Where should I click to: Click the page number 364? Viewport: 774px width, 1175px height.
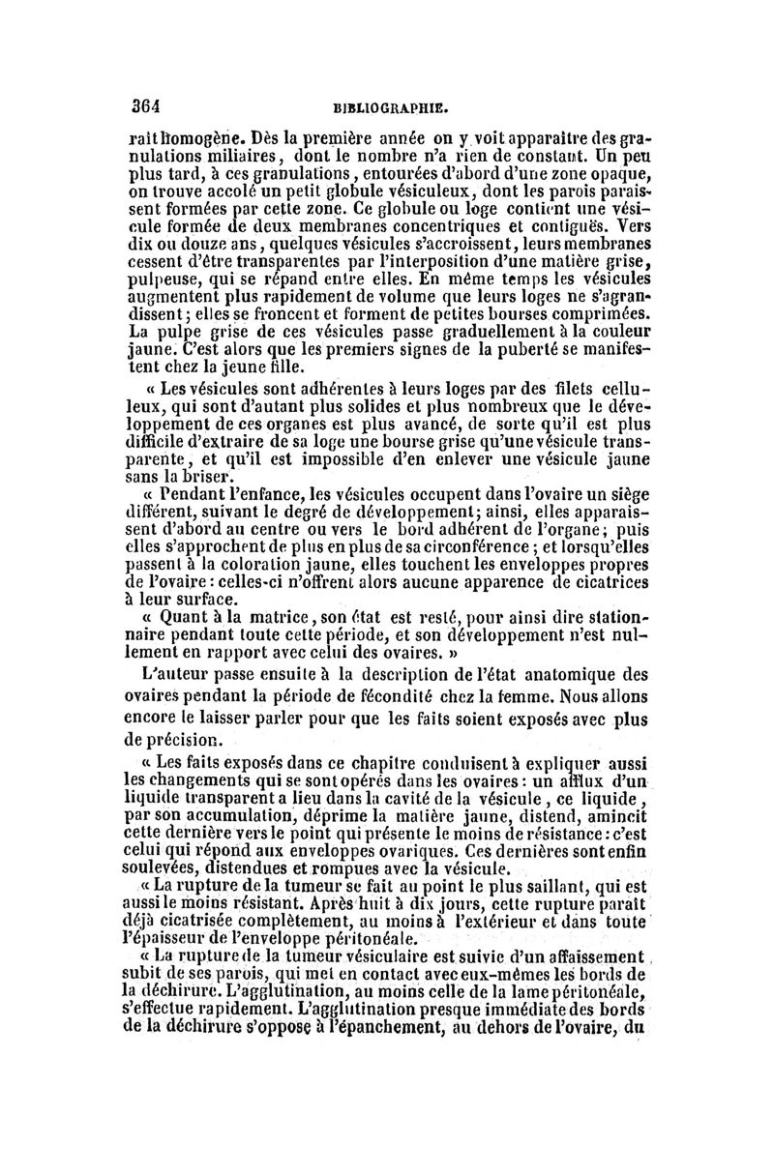146,105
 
